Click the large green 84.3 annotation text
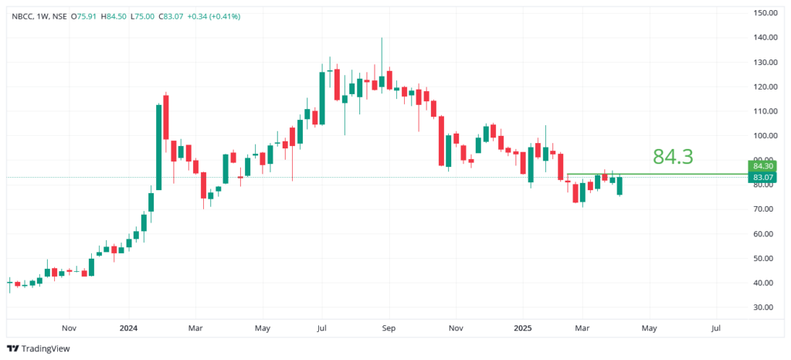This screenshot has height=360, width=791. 673,157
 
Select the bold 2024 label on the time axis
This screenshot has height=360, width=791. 128,328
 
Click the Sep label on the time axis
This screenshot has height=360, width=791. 389,328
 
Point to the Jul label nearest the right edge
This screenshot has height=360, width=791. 716,328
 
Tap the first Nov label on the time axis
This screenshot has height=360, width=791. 69,328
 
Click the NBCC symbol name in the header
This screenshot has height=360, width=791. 22,15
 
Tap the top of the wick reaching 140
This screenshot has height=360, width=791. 382,38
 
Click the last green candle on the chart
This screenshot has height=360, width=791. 619,185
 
